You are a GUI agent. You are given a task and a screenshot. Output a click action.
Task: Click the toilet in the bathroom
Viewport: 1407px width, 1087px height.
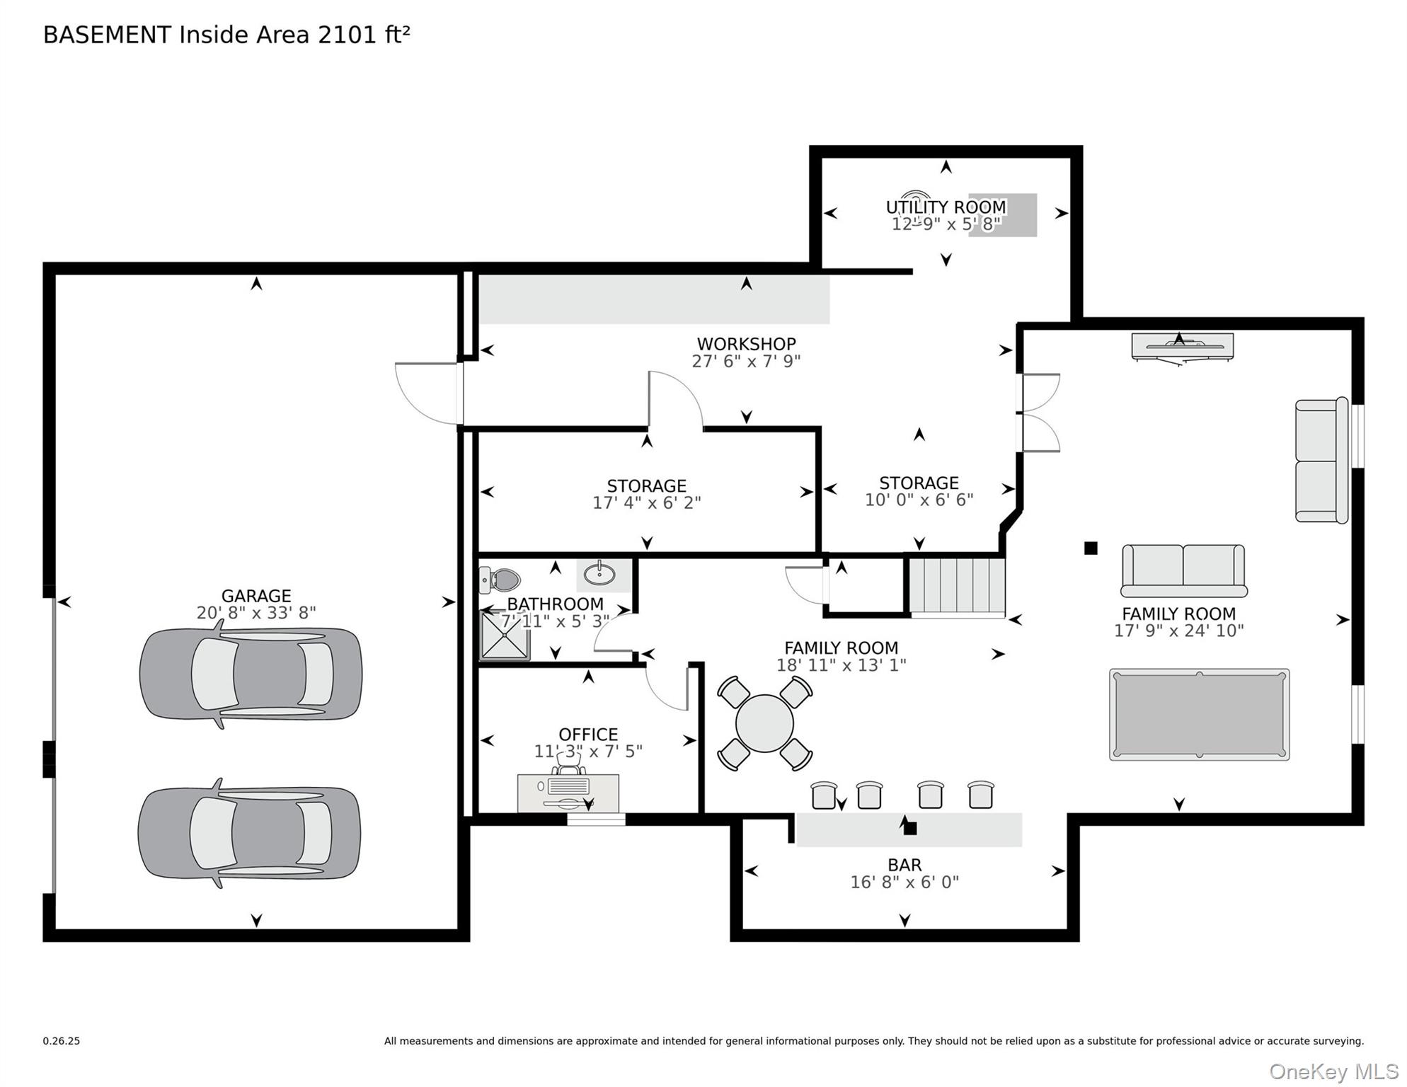point(500,580)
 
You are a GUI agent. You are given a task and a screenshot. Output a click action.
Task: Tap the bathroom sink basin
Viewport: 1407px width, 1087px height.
point(599,574)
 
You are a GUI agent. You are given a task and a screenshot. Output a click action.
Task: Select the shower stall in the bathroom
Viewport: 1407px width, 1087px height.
point(505,635)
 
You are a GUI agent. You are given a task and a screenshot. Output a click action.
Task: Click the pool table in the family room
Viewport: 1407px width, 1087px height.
point(1199,715)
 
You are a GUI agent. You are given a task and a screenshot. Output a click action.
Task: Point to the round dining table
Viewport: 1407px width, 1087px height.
point(764,723)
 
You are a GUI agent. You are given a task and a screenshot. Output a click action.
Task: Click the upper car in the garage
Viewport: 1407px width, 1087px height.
point(251,674)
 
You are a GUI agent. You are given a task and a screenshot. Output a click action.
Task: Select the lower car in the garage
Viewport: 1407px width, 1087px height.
point(249,834)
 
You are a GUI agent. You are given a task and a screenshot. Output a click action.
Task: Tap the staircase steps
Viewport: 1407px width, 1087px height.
point(957,585)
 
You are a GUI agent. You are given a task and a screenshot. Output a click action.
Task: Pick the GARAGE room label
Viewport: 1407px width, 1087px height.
point(256,596)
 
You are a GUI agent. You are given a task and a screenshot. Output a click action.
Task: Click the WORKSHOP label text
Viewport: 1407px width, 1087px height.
point(747,344)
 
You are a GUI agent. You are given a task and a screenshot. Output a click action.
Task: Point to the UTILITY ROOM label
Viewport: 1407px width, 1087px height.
point(946,207)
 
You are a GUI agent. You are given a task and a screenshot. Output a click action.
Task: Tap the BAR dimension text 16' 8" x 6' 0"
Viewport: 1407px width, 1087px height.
point(904,882)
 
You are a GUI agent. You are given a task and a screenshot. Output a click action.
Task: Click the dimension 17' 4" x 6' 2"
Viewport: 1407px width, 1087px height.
point(647,502)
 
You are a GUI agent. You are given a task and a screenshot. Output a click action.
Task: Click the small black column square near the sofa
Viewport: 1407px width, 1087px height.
point(1091,548)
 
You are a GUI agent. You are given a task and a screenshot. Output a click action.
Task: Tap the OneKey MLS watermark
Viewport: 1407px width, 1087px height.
point(1333,1071)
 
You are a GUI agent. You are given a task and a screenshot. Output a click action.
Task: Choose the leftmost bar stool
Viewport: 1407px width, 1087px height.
point(824,795)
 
